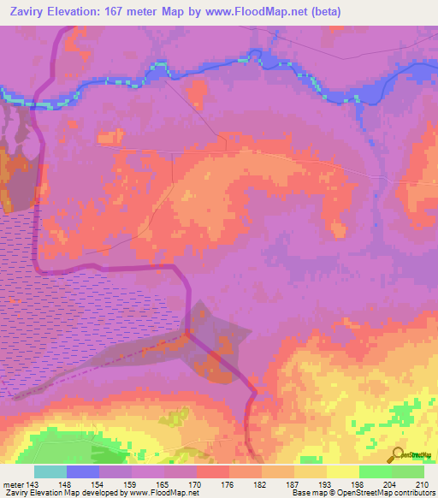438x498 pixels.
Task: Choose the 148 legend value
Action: [67, 484]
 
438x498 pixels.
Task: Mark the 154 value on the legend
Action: [99, 484]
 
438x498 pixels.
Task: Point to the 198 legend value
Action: [358, 484]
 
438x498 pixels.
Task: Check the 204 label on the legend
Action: [391, 484]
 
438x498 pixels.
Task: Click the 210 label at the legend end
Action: [423, 484]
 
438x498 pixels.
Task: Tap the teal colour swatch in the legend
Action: [50, 471]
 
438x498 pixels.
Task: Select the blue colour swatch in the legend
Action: [83, 471]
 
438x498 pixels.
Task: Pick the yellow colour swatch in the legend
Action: [342, 471]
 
